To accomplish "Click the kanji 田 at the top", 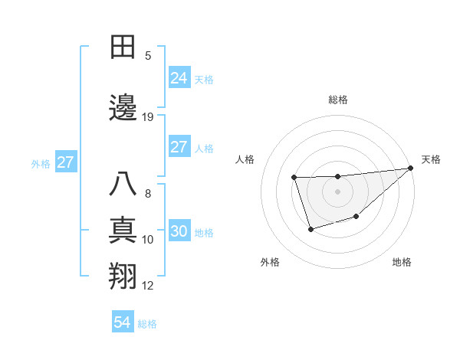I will (123, 48).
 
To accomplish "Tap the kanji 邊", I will (123, 108).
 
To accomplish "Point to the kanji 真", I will (123, 231).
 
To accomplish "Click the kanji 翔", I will (123, 277).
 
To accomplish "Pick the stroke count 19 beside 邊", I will (148, 117).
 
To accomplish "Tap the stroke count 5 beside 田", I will (148, 56).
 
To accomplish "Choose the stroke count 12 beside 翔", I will (148, 286).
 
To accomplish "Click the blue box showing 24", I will (179, 78).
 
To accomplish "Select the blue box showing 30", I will (179, 232).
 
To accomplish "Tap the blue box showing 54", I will (122, 323).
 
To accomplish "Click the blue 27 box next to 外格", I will (65, 162).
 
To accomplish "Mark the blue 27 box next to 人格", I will (179, 147).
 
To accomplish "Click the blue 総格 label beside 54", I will (147, 324).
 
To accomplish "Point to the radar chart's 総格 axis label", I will (338, 100).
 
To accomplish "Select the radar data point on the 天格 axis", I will (411, 169).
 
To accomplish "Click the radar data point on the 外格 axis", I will (310, 229).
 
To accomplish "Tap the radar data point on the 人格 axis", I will (294, 178).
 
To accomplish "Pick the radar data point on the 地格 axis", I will (356, 217).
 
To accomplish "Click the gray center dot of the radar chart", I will (338, 191).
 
